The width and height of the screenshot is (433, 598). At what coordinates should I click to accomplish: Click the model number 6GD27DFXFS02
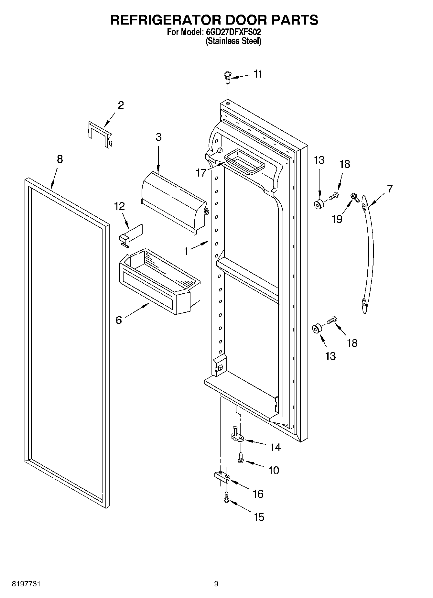pos(233,32)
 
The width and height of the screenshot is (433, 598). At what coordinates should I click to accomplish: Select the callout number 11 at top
pos(258,74)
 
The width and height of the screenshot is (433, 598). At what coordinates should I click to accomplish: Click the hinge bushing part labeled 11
pos(227,77)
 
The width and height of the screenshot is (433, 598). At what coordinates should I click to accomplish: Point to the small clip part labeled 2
pos(100,134)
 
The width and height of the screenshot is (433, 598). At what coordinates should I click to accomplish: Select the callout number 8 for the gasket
pos(60,159)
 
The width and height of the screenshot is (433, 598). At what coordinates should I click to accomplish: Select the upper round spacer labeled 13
pos(319,204)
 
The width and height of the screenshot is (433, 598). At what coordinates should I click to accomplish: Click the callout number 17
pos(201,173)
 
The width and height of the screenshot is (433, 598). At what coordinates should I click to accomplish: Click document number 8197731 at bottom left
pos(27,584)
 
